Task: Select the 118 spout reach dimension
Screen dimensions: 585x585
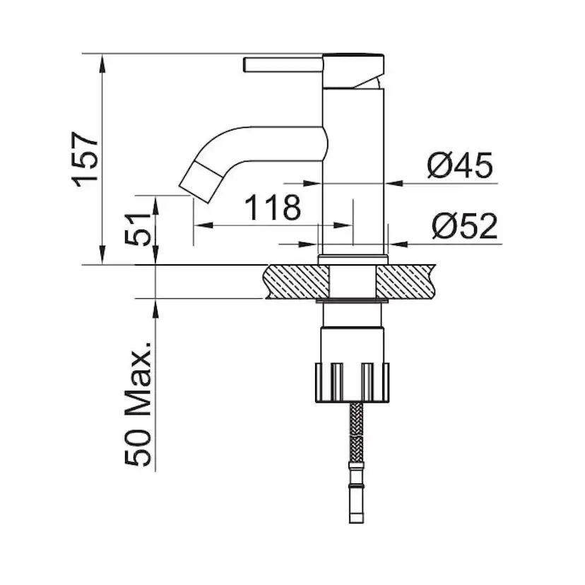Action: tap(273, 208)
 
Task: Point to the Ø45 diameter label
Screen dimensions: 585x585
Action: tap(459, 167)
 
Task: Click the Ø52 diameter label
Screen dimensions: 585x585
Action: tap(465, 227)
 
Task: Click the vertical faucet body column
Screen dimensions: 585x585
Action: tap(353, 177)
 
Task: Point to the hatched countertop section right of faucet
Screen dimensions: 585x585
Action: tap(406, 280)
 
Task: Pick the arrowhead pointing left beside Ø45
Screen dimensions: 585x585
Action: tap(396, 184)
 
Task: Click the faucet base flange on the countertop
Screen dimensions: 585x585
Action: tap(353, 259)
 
